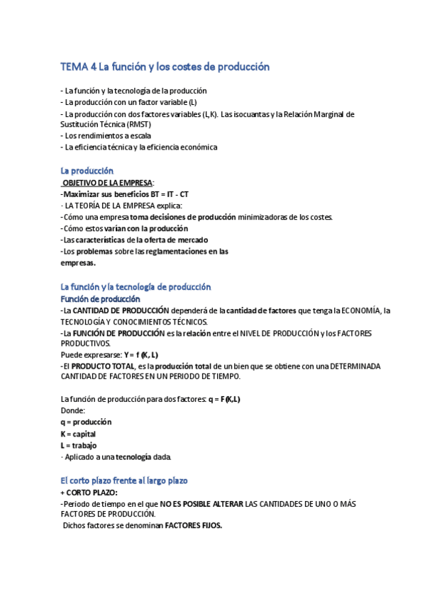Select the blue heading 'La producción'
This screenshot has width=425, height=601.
(87, 171)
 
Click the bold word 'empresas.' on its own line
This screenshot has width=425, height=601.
(78, 262)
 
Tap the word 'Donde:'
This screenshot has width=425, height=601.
(72, 410)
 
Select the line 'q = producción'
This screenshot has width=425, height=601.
(86, 422)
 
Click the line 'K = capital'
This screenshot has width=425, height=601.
(78, 433)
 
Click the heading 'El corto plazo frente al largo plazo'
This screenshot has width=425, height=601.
(124, 481)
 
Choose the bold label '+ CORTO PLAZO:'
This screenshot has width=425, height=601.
(89, 492)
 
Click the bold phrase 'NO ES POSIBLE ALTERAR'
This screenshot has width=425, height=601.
(201, 503)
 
